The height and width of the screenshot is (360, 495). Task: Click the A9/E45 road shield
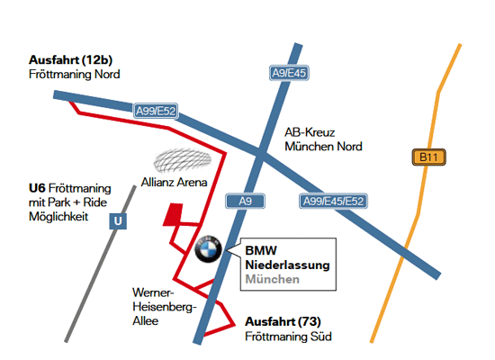click(x=289, y=73)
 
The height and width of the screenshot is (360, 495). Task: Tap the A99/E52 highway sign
click(x=156, y=111)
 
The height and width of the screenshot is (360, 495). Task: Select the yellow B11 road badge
click(x=428, y=157)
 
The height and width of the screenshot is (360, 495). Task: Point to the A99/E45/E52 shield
click(x=333, y=202)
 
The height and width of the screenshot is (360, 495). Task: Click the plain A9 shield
click(x=246, y=202)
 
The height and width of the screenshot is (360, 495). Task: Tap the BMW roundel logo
click(x=208, y=248)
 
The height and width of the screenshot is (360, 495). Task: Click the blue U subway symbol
click(x=118, y=221)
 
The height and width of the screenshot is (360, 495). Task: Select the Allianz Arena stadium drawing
click(x=183, y=160)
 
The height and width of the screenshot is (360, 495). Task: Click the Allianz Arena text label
click(x=174, y=182)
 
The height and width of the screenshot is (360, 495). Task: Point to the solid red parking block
click(x=173, y=214)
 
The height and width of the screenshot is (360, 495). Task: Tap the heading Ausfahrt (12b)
click(x=71, y=60)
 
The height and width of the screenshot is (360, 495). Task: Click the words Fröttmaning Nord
click(x=75, y=74)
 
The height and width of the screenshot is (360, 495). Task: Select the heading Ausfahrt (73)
click(x=283, y=322)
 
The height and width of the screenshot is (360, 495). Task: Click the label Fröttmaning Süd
click(x=288, y=337)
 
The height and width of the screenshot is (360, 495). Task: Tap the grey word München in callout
click(x=272, y=279)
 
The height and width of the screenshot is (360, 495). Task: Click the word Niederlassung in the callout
click(x=288, y=265)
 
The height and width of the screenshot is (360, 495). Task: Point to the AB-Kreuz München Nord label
click(x=323, y=139)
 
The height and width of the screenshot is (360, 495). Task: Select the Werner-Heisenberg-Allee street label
click(x=165, y=307)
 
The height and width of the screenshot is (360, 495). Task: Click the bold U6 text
click(x=37, y=188)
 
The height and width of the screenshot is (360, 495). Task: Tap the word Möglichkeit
click(x=58, y=217)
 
